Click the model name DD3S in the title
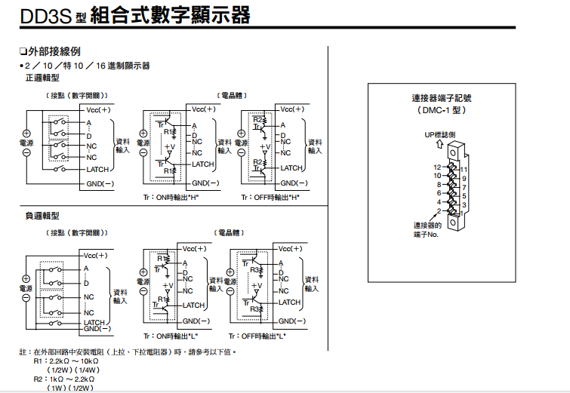(x=35, y=14)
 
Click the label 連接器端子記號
(x=441, y=98)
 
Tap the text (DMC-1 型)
(x=441, y=109)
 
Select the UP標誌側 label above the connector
(x=440, y=135)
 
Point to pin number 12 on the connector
(x=436, y=167)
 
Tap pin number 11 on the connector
(x=464, y=170)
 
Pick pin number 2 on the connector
(x=439, y=210)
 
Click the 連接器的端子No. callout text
(x=428, y=230)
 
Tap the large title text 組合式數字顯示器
(x=170, y=14)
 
